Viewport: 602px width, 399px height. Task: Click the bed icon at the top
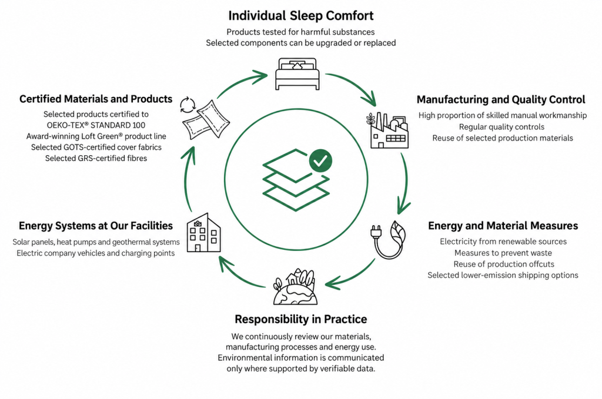pos(297,73)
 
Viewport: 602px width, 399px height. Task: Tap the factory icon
pos(387,130)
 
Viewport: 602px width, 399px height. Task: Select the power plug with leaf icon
pos(388,240)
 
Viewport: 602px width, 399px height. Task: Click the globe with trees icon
pos(295,287)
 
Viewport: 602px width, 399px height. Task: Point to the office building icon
pos(203,233)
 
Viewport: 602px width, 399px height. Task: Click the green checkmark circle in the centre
pos(320,161)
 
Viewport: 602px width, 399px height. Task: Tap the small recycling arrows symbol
pos(188,105)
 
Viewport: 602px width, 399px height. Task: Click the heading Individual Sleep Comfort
pos(300,16)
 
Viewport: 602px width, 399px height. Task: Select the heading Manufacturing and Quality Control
pos(501,100)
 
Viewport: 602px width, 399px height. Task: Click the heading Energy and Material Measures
pos(503,226)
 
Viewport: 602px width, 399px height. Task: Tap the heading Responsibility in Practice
pos(300,319)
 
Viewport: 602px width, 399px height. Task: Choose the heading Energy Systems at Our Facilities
pos(96,226)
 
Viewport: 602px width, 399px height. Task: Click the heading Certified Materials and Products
pos(96,99)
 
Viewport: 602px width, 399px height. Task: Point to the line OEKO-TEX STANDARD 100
pos(96,125)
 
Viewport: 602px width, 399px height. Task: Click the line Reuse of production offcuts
pos(504,264)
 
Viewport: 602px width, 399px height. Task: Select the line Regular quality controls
pos(501,126)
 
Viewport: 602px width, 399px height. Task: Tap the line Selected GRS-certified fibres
pos(96,158)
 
